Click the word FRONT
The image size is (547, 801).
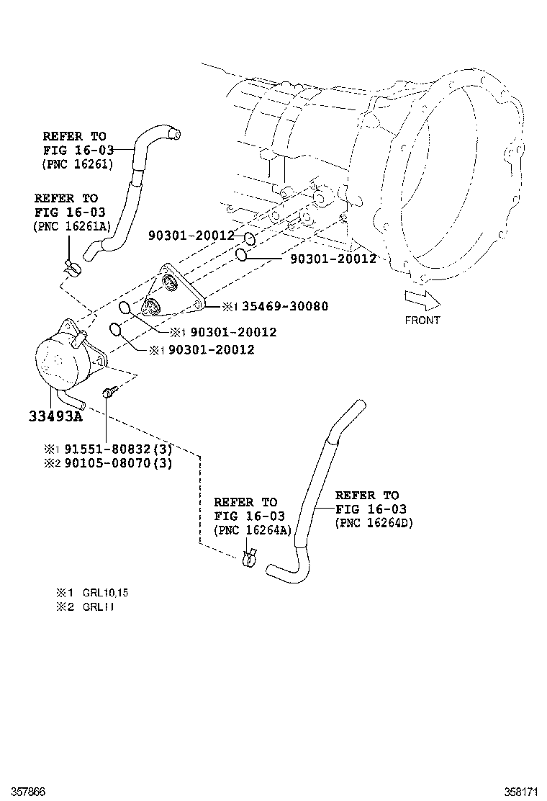pyautogui.click(x=422, y=320)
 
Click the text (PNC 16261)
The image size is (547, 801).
pyautogui.click(x=78, y=164)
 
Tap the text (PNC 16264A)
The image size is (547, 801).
pyautogui.click(x=252, y=530)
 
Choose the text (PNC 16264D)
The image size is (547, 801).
pyautogui.click(x=374, y=524)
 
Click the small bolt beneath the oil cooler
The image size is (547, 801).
pyautogui.click(x=109, y=393)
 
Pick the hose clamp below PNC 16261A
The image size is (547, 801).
pyautogui.click(x=72, y=268)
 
